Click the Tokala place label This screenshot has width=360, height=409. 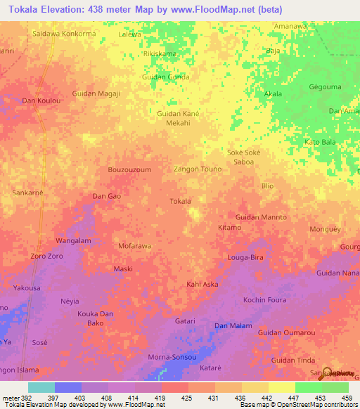point(181,201)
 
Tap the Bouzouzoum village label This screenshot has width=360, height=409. point(129,170)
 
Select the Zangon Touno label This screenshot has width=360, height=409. point(198,169)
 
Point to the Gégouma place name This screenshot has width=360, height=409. point(324,88)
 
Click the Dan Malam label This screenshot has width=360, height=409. point(233,325)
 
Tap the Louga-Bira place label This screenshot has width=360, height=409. point(245,258)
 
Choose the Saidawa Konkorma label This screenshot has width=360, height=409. point(64,33)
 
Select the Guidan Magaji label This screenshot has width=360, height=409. point(96,93)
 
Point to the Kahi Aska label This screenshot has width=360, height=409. point(202,285)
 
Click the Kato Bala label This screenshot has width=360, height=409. point(320,142)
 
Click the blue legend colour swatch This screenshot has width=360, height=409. point(68,387)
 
